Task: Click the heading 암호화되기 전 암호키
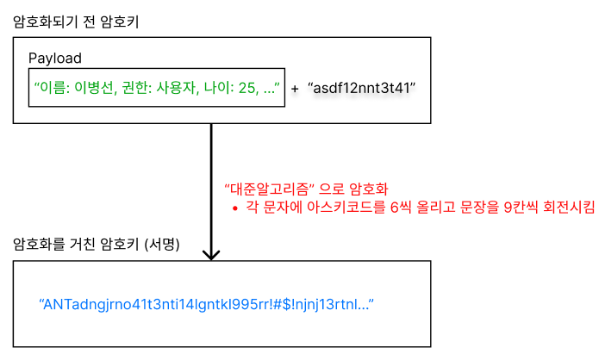pyautogui.click(x=76, y=22)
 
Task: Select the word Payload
pyautogui.click(x=54, y=59)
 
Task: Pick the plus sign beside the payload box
pyautogui.click(x=295, y=89)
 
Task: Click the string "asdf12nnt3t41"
pyautogui.click(x=361, y=88)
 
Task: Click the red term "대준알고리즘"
pyautogui.click(x=267, y=189)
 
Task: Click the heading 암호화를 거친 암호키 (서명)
pyautogui.click(x=96, y=244)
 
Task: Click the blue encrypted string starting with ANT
pyautogui.click(x=206, y=304)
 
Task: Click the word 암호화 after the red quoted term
pyautogui.click(x=368, y=189)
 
